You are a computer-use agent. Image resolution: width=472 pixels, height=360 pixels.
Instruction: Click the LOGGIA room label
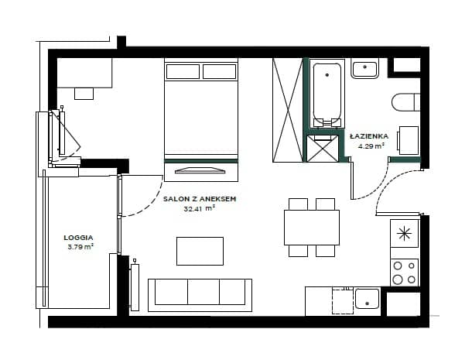[78, 238]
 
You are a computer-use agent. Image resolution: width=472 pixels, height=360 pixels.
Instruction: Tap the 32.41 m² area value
[200, 208]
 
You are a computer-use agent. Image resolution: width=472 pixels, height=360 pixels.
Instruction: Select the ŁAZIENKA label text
[369, 136]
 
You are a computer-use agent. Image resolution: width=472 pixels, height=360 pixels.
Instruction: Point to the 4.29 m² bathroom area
[371, 146]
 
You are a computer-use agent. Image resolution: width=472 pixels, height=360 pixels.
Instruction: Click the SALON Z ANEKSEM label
[200, 199]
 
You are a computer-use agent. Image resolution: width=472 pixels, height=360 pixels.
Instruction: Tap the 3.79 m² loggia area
[80, 247]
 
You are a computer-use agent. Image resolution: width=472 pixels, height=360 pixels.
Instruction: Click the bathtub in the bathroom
[327, 94]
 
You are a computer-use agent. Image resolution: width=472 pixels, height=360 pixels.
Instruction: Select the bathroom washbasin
[364, 69]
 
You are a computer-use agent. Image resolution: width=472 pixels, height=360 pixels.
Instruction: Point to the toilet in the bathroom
[405, 102]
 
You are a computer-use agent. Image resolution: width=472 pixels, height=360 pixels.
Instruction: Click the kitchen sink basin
[367, 299]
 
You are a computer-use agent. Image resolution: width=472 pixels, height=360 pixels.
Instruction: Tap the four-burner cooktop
[404, 273]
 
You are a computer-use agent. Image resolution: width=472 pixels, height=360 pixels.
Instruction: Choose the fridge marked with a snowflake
[404, 234]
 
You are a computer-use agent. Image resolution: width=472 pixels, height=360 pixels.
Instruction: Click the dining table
[312, 228]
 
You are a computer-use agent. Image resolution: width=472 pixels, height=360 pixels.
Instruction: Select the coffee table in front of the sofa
[200, 252]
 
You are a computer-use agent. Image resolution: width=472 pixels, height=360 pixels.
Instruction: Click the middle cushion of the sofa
[204, 292]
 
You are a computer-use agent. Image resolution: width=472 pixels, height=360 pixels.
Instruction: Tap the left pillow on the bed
[183, 72]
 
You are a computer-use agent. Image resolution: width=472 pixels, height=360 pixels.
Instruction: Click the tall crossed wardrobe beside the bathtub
[288, 110]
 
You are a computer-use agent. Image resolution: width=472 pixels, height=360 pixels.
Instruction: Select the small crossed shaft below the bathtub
[323, 149]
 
